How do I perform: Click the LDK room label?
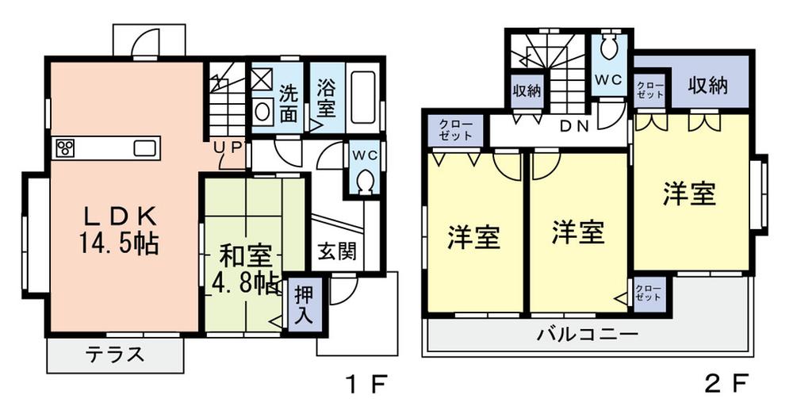(x=119, y=217)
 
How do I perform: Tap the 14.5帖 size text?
(x=119, y=243)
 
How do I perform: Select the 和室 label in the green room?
(x=245, y=257)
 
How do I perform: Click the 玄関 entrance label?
(x=337, y=251)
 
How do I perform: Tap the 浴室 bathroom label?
(x=326, y=99)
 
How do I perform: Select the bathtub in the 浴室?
(x=363, y=97)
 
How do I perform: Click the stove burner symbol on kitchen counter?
(x=65, y=148)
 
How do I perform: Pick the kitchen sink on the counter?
(x=146, y=148)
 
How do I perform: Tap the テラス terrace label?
(x=115, y=354)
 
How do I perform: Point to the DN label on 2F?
(x=574, y=127)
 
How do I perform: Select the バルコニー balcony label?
(x=588, y=334)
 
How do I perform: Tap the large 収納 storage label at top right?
(x=708, y=86)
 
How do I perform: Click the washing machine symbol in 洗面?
(x=262, y=79)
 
